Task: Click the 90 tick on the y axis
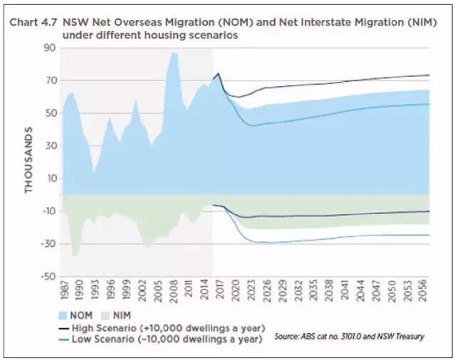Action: pyautogui.click(x=49, y=48)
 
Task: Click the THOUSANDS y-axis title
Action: pyautogui.click(x=29, y=161)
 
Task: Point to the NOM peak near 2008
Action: pyautogui.click(x=172, y=53)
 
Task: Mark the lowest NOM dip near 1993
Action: pyautogui.click(x=95, y=171)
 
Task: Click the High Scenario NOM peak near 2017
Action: pyautogui.click(x=218, y=73)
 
